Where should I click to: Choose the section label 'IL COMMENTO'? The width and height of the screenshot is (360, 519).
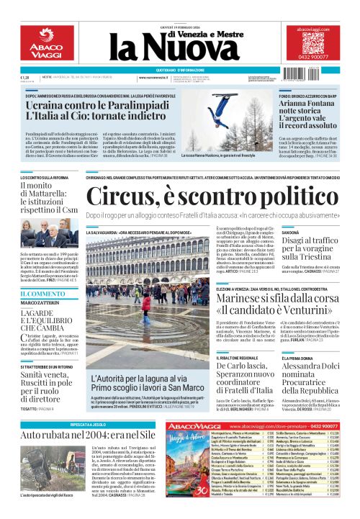[x=40, y=294]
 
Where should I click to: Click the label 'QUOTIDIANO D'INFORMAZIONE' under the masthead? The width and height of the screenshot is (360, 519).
[x=179, y=69]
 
